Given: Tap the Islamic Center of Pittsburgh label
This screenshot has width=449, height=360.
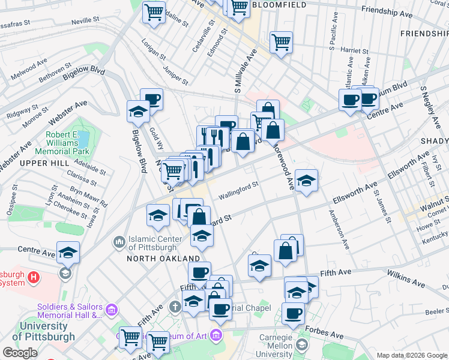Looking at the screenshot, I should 153,242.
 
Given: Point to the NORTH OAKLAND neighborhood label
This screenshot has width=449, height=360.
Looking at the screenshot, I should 163,258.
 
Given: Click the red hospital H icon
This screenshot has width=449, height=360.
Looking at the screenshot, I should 34,277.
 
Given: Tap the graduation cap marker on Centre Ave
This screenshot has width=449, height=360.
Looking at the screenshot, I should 68,252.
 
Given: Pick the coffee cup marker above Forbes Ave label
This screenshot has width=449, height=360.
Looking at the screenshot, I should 293,313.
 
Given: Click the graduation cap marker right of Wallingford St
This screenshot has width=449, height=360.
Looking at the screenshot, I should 306,180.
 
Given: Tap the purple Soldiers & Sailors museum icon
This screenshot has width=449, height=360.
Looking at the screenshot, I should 111,310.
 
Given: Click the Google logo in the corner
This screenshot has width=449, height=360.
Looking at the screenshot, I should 20,353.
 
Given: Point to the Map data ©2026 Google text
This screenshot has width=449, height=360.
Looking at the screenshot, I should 411,355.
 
